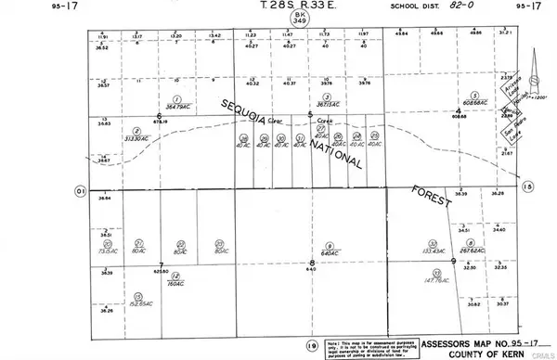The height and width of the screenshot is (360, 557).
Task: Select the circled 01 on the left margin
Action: pyautogui.click(x=81, y=189)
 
